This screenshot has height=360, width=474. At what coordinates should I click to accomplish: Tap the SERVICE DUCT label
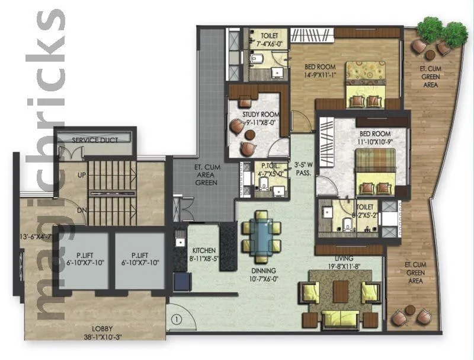coord(95,140)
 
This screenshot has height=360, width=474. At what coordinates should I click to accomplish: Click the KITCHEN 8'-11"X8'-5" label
coord(203,254)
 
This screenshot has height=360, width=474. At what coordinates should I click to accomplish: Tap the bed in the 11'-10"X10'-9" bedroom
coord(375,171)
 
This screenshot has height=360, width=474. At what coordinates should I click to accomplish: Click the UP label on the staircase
coord(82,176)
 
